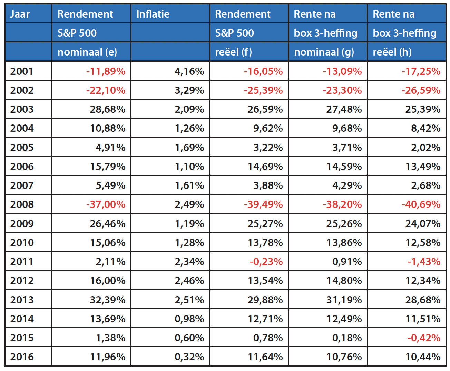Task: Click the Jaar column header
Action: pyautogui.click(x=20, y=14)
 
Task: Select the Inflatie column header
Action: pyautogui.click(x=153, y=14)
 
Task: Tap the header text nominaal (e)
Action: pyautogui.click(x=87, y=52)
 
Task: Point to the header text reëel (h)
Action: pyautogui.click(x=392, y=52)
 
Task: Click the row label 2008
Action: pyautogui.click(x=22, y=204)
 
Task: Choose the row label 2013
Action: pyautogui.click(x=22, y=300)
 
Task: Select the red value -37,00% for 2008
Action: pyautogui.click(x=106, y=204)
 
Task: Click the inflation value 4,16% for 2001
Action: pyautogui.click(x=189, y=71)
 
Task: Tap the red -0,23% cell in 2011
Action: pyautogui.click(x=266, y=262)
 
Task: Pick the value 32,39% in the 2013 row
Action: pyautogui.click(x=108, y=300)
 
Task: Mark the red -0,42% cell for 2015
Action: pyautogui.click(x=424, y=338)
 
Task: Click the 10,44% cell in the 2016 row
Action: pyautogui.click(x=423, y=357)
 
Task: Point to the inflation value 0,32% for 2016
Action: pyautogui.click(x=189, y=357)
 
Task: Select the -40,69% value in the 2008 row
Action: pyautogui.click(x=421, y=204)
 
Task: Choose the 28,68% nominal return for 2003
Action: pyautogui.click(x=108, y=109)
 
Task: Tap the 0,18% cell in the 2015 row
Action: pyautogui.click(x=347, y=338)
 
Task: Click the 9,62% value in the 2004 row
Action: pyautogui.click(x=268, y=128)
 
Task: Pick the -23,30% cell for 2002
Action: pyautogui.click(x=342, y=90)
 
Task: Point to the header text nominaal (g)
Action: pyautogui.click(x=324, y=52)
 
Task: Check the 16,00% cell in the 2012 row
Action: pyautogui.click(x=108, y=281)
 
